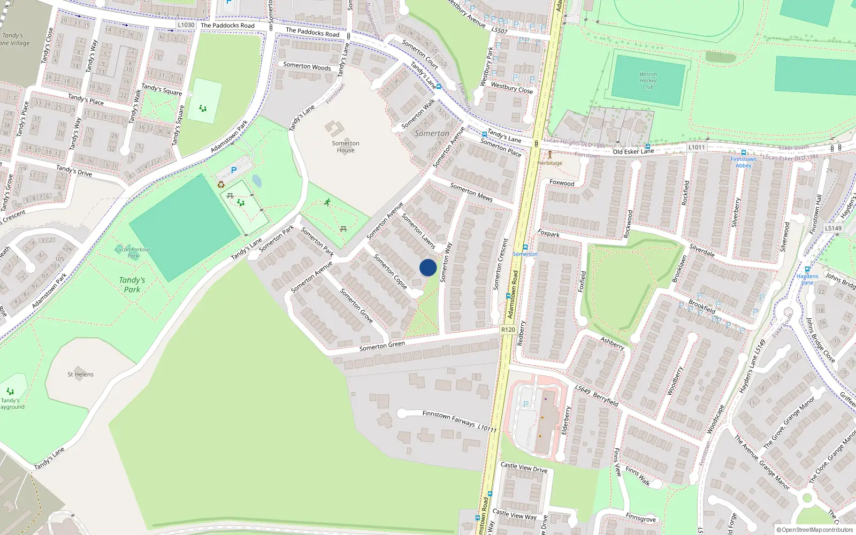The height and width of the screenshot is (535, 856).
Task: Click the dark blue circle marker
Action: tap(428, 267)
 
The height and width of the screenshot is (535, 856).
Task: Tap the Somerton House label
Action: tap(346, 147)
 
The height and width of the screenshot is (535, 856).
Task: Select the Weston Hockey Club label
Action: tap(648, 80)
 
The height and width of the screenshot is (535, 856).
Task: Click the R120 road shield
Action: tap(508, 330)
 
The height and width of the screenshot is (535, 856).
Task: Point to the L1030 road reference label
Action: tap(186, 25)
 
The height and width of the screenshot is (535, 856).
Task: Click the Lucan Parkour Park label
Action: tap(133, 252)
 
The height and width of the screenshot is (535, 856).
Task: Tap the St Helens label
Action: tap(80, 374)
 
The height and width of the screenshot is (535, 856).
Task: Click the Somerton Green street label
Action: tap(382, 346)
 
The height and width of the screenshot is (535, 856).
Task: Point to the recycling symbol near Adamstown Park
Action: tap(221, 185)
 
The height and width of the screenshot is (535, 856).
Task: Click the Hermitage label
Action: tap(549, 163)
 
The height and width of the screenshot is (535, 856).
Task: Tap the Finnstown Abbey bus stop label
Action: tap(744, 162)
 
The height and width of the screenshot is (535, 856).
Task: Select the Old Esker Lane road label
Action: tap(633, 151)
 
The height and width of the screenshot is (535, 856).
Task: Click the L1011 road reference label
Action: tap(697, 147)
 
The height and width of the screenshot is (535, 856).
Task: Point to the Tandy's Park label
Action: tap(132, 285)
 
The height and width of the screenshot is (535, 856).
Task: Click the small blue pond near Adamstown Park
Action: tap(257, 181)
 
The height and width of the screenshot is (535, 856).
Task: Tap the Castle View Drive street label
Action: tap(524, 468)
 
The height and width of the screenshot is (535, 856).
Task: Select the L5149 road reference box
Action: tap(833, 228)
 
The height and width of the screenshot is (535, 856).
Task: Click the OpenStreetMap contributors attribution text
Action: tap(815, 530)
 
